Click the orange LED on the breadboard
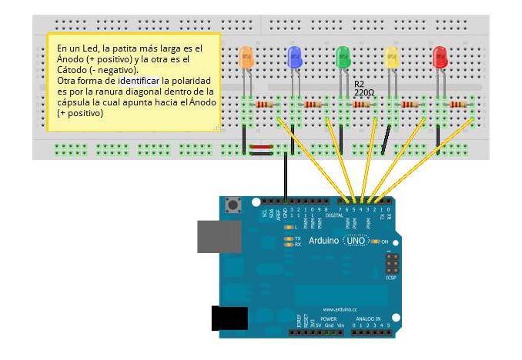coord(246,56)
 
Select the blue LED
coord(293,56)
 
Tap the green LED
coord(343,56)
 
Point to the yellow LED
coord(391,56)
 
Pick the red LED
coord(440,56)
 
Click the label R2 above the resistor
coord(360,84)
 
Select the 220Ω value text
coord(363,92)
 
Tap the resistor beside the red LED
coord(458,105)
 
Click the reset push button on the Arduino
coord(232,205)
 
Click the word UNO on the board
coord(356,241)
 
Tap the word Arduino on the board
coord(323,241)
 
